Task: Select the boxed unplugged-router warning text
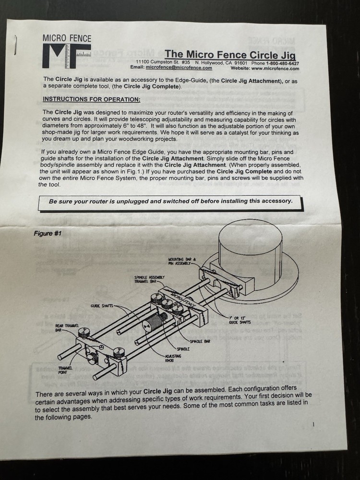click(170, 201)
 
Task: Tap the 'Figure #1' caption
click(48, 234)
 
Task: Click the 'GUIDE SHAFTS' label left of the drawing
click(101, 305)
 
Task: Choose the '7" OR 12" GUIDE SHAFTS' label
click(239, 321)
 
